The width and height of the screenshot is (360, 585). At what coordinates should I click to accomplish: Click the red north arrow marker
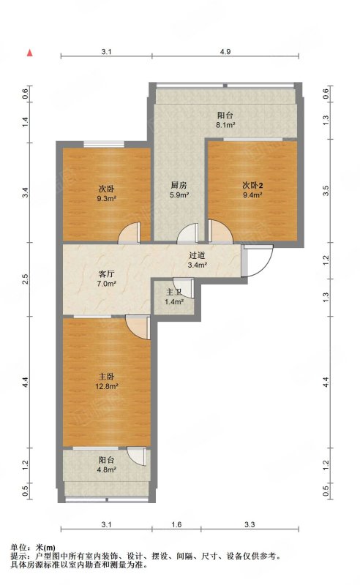tap(29, 53)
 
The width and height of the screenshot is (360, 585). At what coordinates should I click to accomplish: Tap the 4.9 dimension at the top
tap(225, 52)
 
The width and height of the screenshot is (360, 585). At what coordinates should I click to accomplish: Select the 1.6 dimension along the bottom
tap(176, 524)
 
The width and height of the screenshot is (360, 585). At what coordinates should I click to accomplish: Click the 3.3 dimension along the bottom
tap(250, 524)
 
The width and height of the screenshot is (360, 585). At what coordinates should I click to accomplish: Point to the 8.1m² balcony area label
tap(225, 125)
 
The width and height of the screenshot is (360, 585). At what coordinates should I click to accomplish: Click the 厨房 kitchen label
tap(179, 185)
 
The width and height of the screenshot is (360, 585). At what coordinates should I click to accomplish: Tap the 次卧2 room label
tap(252, 185)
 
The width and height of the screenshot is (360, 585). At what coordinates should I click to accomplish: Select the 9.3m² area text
tap(106, 198)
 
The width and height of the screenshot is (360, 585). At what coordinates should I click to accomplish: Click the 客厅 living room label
tap(106, 274)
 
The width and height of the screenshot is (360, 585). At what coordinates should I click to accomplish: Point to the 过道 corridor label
tap(197, 255)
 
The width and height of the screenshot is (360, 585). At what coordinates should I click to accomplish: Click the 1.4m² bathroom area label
tap(174, 301)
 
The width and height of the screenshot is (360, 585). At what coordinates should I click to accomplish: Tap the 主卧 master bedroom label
tap(106, 377)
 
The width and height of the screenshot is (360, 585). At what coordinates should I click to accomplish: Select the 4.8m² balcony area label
tap(106, 469)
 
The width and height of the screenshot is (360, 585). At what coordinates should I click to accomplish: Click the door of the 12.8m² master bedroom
tap(138, 328)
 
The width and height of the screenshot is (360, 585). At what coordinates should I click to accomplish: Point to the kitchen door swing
tap(187, 233)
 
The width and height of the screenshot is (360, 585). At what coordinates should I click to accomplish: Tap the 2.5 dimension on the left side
tap(25, 279)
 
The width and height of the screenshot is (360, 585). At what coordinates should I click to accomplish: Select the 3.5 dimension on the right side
tap(326, 191)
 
